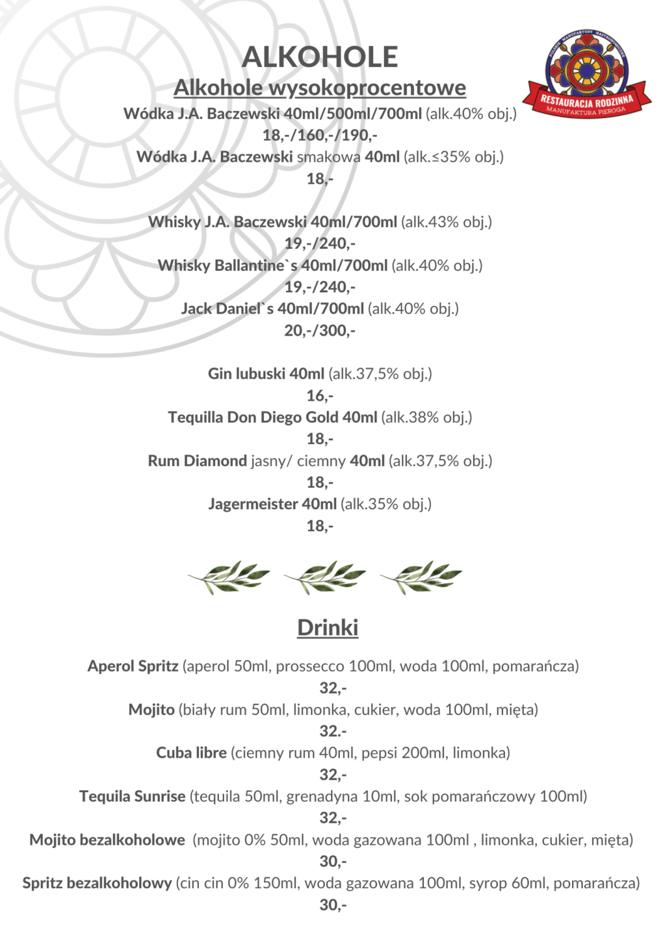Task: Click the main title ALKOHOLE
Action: (320, 57)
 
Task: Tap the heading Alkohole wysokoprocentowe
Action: (320, 88)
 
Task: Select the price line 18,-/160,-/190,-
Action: (320, 135)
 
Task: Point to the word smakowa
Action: (328, 156)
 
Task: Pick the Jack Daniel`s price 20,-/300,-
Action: (320, 331)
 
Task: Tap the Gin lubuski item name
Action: (247, 373)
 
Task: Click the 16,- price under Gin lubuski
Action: (320, 395)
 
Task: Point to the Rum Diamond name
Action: (197, 460)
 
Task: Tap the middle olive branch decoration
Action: (324, 576)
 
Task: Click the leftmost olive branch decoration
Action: (229, 576)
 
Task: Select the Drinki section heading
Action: (328, 628)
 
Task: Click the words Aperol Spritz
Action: (133, 666)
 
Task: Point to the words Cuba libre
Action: (191, 753)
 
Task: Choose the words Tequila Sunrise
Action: (132, 796)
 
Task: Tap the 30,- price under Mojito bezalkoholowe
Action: (333, 862)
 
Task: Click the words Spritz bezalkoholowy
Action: (97, 883)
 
